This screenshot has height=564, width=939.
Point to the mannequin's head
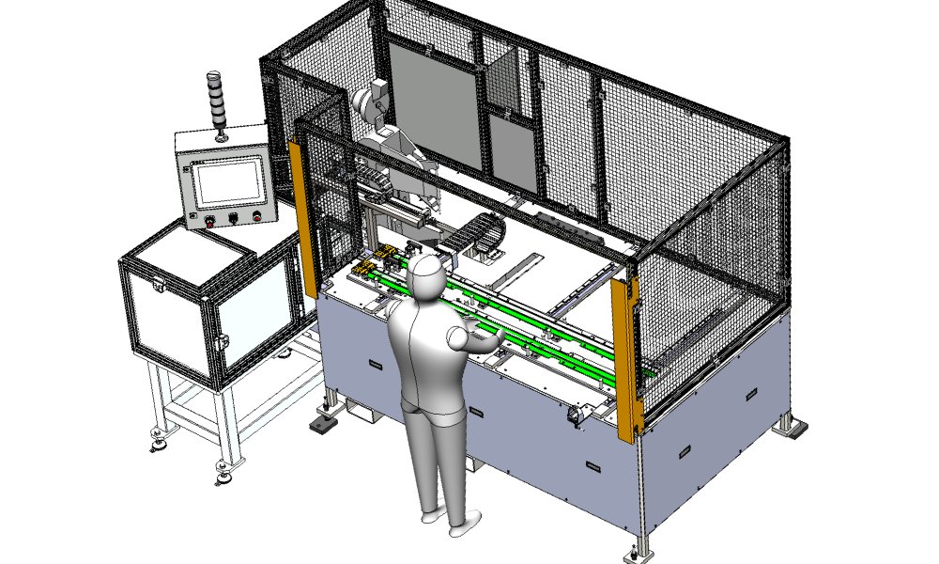tap(426, 275)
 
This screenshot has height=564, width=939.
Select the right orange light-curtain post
tap(624, 357)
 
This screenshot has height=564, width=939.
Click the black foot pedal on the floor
tap(321, 425)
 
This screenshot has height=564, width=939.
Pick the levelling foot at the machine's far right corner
tap(794, 429)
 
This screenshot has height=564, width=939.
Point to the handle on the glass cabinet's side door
tap(223, 342)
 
